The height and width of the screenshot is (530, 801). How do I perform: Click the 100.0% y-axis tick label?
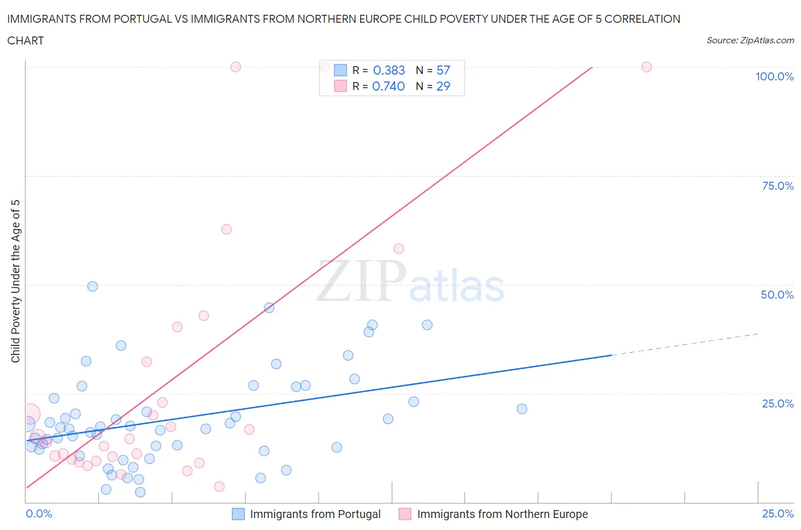tap(774, 76)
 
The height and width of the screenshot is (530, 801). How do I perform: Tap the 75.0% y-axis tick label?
tap(778, 186)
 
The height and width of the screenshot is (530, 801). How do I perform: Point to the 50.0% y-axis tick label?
tap(777, 295)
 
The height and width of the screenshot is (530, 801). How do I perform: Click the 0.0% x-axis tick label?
tap(39, 513)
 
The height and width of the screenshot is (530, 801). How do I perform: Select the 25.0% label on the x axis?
tap(778, 513)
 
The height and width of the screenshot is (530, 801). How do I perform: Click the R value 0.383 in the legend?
tap(389, 70)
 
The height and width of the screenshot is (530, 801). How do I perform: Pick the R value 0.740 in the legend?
tap(388, 86)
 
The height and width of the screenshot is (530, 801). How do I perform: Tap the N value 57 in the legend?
tap(443, 70)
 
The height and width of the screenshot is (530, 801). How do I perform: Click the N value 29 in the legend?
tap(443, 86)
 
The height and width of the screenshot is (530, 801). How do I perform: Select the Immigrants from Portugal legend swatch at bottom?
tap(238, 514)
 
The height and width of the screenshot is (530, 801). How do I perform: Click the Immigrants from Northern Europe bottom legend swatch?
tap(405, 514)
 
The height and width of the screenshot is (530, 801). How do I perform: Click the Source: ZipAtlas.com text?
tap(750, 40)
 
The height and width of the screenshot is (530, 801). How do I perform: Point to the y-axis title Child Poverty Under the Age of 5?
tap(15, 281)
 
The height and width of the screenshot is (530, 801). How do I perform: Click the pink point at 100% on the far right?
tap(647, 67)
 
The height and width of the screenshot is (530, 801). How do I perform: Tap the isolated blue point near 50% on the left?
tap(92, 286)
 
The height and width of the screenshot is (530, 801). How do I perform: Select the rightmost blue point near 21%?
tap(522, 409)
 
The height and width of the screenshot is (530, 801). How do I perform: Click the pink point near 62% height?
tap(226, 229)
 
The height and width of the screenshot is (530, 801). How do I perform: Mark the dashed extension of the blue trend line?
tap(684, 344)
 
